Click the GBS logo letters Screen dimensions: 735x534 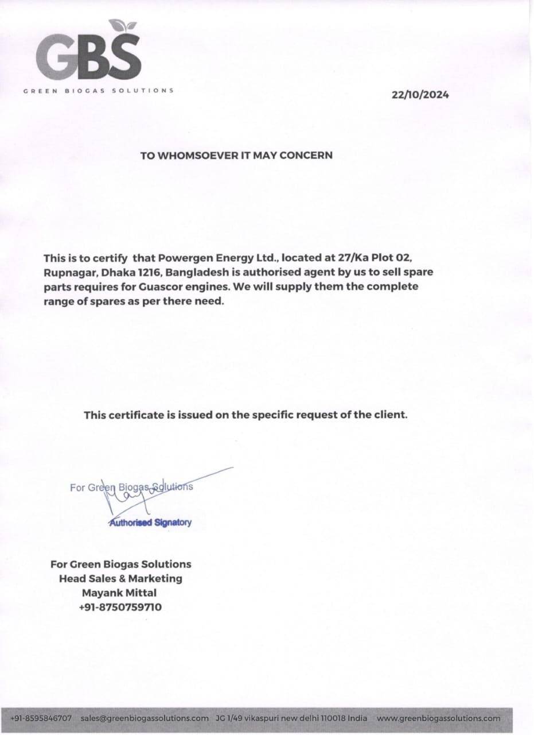[x=89, y=57]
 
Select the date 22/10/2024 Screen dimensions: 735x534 [x=420, y=95]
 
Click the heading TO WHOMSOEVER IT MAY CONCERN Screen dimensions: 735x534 [x=236, y=155]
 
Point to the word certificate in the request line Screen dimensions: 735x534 [x=134, y=414]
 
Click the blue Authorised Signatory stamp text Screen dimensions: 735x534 [x=150, y=523]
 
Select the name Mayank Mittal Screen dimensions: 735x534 [x=119, y=593]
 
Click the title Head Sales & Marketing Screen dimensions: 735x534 [x=120, y=578]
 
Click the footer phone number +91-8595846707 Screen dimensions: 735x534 [x=41, y=718]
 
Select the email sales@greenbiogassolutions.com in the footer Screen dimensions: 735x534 [x=145, y=718]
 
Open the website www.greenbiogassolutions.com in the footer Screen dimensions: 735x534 [x=439, y=718]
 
